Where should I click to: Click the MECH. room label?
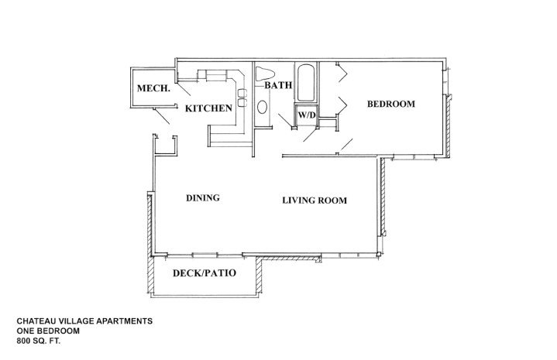[153, 88]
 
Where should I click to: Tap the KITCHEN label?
[208, 108]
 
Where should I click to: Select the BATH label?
[278, 85]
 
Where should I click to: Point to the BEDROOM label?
[390, 104]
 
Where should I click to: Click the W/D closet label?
[307, 115]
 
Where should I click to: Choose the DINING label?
[203, 197]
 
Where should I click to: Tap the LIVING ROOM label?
[315, 201]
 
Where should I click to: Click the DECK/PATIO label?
[205, 273]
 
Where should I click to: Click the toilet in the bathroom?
[265, 74]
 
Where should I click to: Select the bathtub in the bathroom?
[306, 83]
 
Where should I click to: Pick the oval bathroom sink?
[262, 107]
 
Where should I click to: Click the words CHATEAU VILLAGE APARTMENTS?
[84, 321]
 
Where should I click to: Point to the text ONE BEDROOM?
[48, 331]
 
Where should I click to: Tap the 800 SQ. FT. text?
[39, 341]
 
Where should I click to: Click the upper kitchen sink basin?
[242, 93]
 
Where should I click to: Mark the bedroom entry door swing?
[346, 145]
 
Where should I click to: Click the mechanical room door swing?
[161, 116]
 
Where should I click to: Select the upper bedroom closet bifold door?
[342, 73]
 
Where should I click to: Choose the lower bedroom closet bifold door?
[342, 105]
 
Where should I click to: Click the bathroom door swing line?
[284, 120]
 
